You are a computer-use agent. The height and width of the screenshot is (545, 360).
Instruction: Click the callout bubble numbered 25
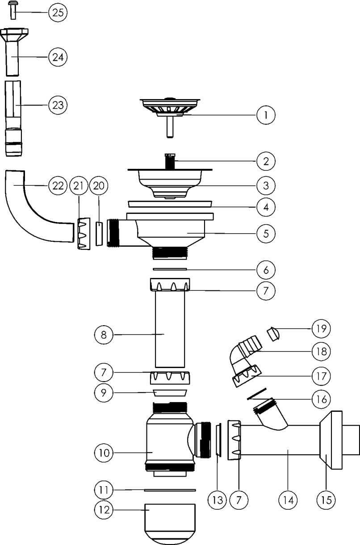click(58, 13)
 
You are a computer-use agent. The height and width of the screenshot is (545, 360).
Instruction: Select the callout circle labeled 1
click(266, 115)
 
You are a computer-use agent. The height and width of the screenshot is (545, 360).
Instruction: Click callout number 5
click(266, 233)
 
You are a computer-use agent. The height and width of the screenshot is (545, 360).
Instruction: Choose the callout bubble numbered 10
click(104, 452)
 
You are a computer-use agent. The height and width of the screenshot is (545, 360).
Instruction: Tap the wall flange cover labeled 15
click(330, 440)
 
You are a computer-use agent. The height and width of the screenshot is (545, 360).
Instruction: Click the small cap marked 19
click(273, 333)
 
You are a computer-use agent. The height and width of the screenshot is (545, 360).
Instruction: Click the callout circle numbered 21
click(80, 187)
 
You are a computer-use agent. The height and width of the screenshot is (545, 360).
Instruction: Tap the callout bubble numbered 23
click(58, 105)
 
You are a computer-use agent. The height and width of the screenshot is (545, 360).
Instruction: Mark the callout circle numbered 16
click(321, 398)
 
